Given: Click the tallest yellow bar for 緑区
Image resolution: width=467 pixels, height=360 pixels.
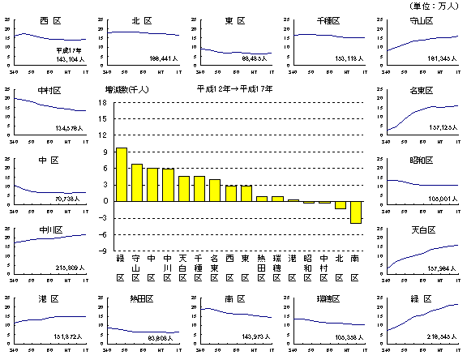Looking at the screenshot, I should (x=122, y=174).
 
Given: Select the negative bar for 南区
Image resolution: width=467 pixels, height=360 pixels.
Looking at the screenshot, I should (x=356, y=212).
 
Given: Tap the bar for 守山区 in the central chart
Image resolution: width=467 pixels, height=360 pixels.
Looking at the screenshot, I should (x=137, y=182).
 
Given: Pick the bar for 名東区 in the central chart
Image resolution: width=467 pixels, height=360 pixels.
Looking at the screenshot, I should (x=215, y=191).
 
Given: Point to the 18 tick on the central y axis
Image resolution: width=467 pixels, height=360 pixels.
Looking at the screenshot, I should (x=101, y=103).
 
